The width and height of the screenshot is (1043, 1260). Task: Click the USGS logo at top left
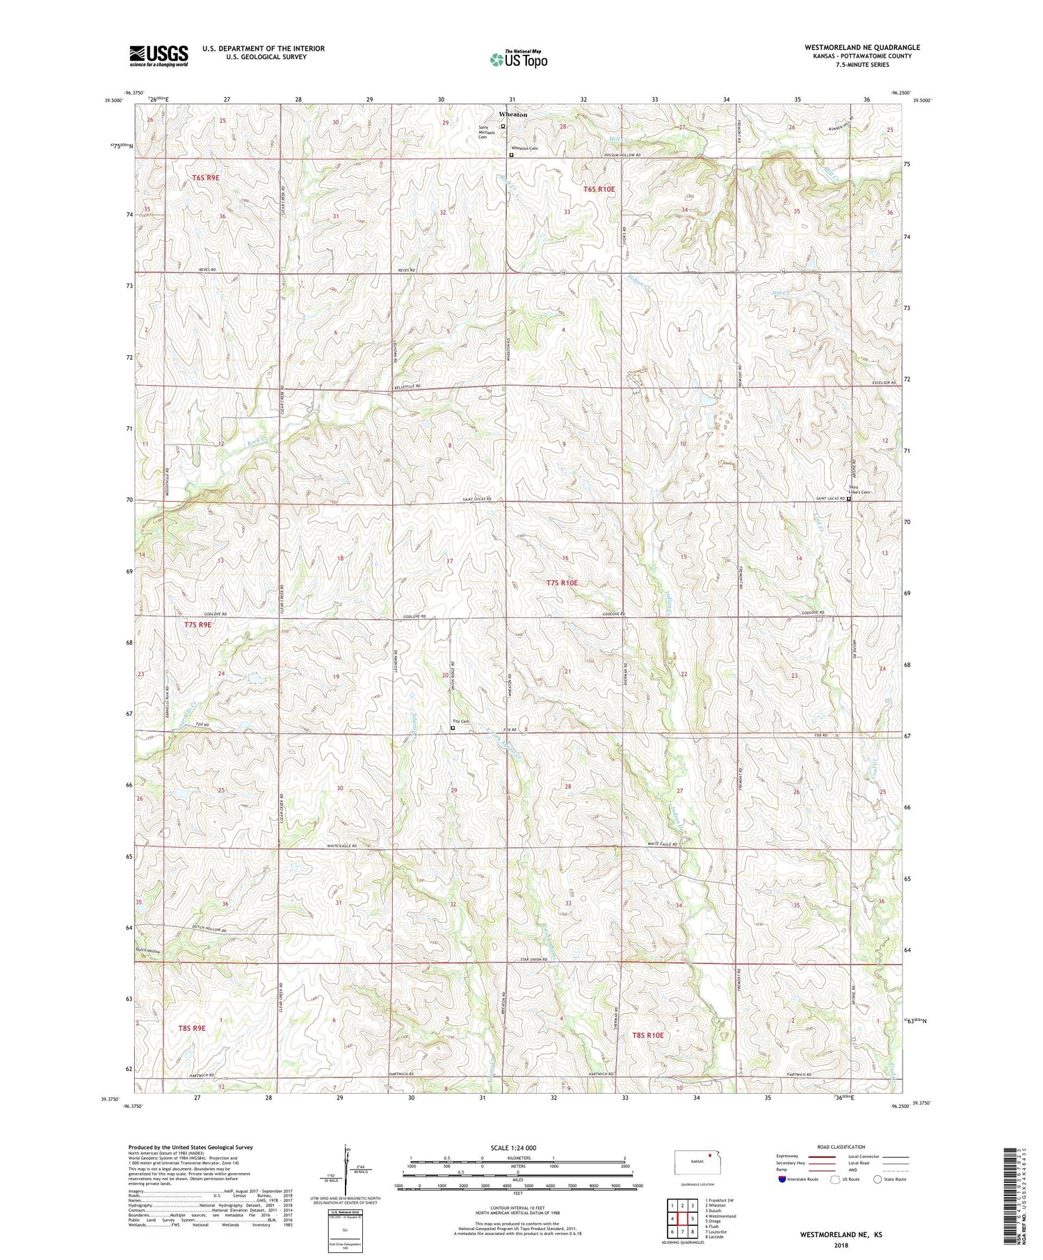coord(159,56)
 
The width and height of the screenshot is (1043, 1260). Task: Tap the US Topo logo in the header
coord(518,60)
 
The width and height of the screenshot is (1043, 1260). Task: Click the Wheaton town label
coord(512,115)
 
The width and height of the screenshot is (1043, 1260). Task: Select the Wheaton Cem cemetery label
coord(525,149)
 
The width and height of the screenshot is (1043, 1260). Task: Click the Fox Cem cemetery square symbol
coord(453,728)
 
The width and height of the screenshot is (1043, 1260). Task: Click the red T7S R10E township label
coord(562,583)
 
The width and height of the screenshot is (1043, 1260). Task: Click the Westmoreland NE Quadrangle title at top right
coord(862,47)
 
